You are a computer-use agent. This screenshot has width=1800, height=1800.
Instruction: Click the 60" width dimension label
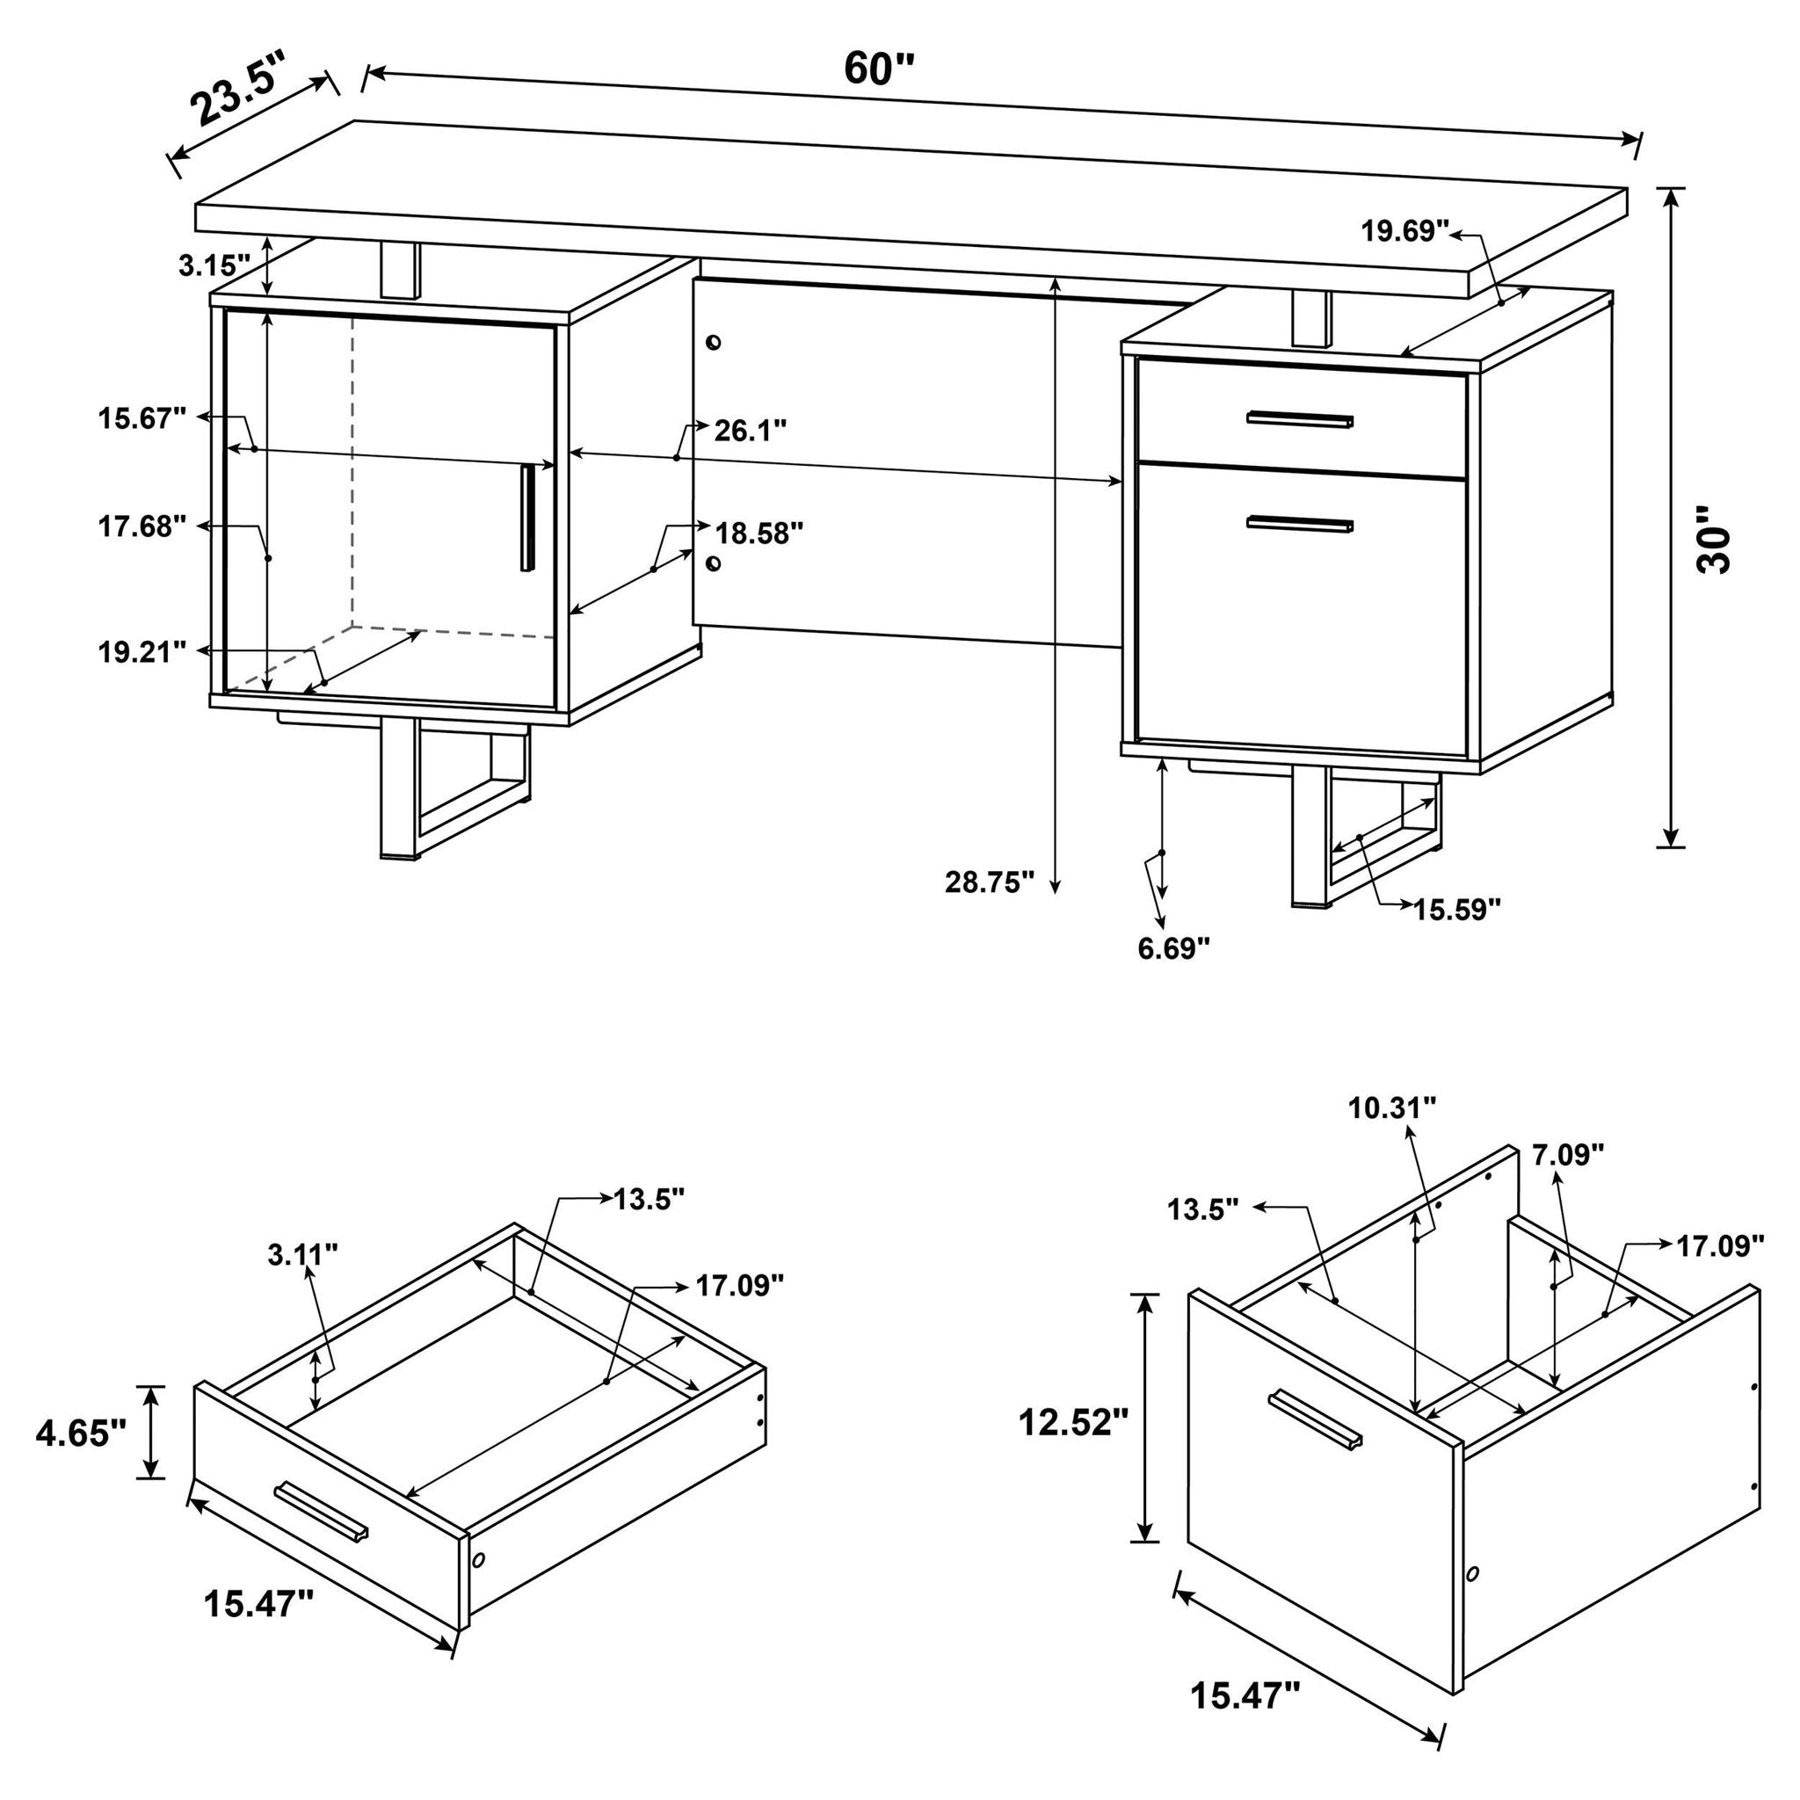pos(880,68)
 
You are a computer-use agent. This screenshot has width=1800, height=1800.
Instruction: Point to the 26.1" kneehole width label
pos(750,431)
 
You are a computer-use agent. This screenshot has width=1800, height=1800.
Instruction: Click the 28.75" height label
pos(990,882)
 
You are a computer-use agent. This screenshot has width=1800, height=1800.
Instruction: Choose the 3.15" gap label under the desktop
pos(215,265)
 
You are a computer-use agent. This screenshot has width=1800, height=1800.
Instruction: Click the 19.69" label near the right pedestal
pos(1405,231)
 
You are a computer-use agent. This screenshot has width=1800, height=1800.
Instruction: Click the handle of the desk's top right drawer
pos(1301,420)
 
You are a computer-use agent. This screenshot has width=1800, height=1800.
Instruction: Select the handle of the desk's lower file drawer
pos(1301,526)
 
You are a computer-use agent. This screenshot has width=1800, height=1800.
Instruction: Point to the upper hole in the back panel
pos(714,343)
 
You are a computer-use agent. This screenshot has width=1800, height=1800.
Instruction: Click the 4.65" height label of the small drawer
pos(80,1433)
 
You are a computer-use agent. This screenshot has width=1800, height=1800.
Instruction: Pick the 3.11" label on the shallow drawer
pos(301,1256)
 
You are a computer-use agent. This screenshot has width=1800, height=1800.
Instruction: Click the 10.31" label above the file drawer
pos(1392,1108)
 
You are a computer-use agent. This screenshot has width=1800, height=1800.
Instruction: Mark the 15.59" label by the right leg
pos(1457,910)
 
